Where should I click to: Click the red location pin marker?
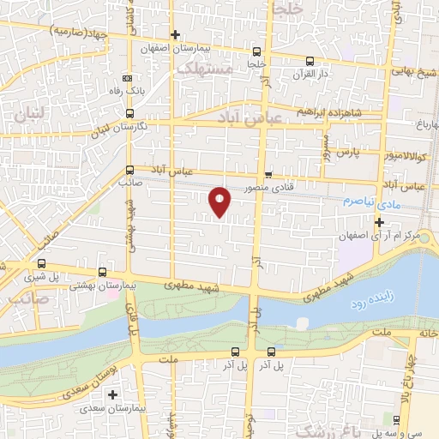[221, 201]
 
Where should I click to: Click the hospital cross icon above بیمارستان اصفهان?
[175, 35]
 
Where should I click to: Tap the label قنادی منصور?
[269, 186]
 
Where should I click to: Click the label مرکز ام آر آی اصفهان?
[390, 235]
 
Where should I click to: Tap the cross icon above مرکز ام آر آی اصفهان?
[379, 222]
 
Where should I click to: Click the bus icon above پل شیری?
[41, 263]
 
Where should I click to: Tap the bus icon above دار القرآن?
[310, 61]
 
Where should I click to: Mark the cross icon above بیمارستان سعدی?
[113, 394]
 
